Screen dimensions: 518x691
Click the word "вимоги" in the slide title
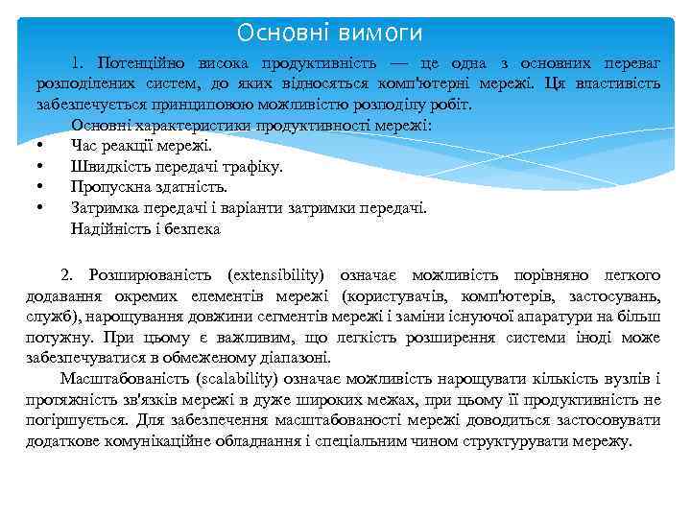click(380, 34)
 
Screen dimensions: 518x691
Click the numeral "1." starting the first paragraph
click(81, 63)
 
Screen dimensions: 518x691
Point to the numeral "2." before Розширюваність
click(67, 274)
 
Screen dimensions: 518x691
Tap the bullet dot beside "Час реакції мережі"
click(40, 147)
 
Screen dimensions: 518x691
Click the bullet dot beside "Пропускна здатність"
click(40, 188)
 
